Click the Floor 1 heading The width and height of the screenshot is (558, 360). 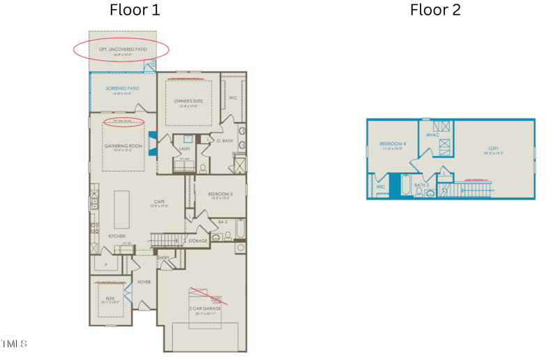[x=135, y=10]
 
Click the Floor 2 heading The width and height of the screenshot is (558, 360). [x=435, y=10]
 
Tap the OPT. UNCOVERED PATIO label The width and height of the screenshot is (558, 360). [x=123, y=50]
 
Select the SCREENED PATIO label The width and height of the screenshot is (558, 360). [x=122, y=89]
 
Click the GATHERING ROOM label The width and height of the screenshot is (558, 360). [x=123, y=146]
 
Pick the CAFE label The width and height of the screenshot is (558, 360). [x=160, y=202]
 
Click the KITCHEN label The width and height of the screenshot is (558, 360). [x=116, y=237]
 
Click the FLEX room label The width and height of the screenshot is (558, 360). [x=110, y=297]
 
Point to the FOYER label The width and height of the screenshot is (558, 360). [x=144, y=282]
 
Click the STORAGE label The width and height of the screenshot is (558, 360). [x=197, y=241]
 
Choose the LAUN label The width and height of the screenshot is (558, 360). [x=185, y=149]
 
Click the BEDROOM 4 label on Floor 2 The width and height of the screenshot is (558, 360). [x=393, y=144]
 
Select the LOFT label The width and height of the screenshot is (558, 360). [x=494, y=148]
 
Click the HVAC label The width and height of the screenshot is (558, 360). [x=432, y=135]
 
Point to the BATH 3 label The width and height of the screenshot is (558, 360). [x=421, y=185]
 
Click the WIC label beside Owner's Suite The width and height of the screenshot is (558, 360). [x=233, y=98]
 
